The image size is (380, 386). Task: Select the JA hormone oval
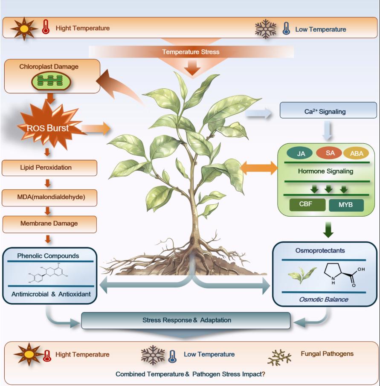[299, 154]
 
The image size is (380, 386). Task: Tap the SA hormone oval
[329, 153]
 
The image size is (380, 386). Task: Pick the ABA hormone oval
[356, 154]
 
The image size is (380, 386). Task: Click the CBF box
[307, 205]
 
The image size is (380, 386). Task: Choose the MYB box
[346, 205]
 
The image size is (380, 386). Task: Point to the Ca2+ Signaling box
[328, 110]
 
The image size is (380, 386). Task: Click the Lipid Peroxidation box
[49, 168]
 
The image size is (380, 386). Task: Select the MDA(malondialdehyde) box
[49, 197]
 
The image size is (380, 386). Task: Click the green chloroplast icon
[51, 81]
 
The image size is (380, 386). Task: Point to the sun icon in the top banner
[24, 29]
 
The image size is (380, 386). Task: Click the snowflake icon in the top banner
[265, 29]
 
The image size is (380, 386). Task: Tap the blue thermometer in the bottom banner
[172, 356]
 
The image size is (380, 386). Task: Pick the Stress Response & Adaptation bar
[186, 320]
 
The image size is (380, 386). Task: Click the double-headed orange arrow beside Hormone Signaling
[259, 168]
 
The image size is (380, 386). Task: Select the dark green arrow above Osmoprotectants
[328, 229]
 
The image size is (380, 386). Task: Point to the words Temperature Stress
[191, 52]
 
